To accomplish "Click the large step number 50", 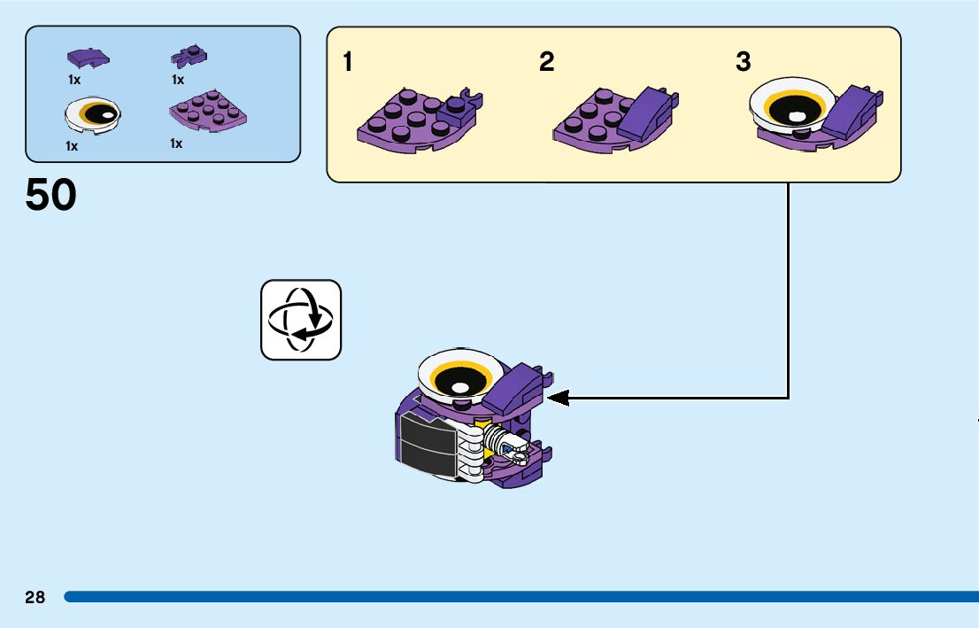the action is (51, 196).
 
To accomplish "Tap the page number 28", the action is (35, 598).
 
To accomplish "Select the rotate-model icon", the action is (301, 320).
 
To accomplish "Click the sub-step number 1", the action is (349, 62).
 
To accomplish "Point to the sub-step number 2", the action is (547, 62).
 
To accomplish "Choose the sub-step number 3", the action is (744, 62).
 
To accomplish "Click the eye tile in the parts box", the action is (93, 113).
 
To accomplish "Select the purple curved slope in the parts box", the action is (89, 58).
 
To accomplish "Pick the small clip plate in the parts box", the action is (188, 58).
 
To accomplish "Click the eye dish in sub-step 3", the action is (792, 106).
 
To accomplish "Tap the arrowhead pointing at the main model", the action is (558, 398).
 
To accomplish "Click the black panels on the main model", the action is (423, 441).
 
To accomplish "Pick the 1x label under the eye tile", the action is (72, 146).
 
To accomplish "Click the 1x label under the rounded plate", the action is (176, 143).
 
